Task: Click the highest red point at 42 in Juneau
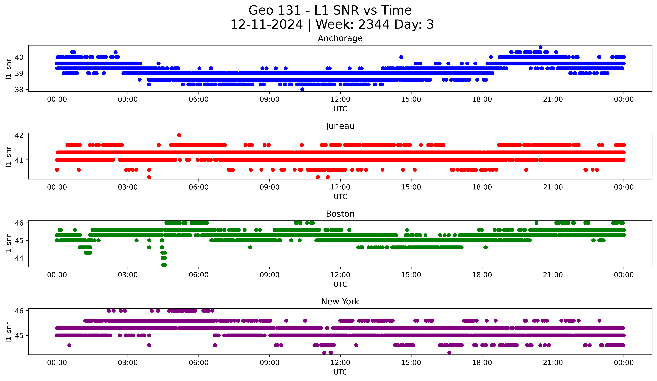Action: point(179,135)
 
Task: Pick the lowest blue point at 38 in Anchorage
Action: point(302,89)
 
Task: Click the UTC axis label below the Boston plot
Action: point(340,284)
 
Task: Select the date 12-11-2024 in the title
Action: point(266,24)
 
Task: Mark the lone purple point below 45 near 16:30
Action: point(449,353)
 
